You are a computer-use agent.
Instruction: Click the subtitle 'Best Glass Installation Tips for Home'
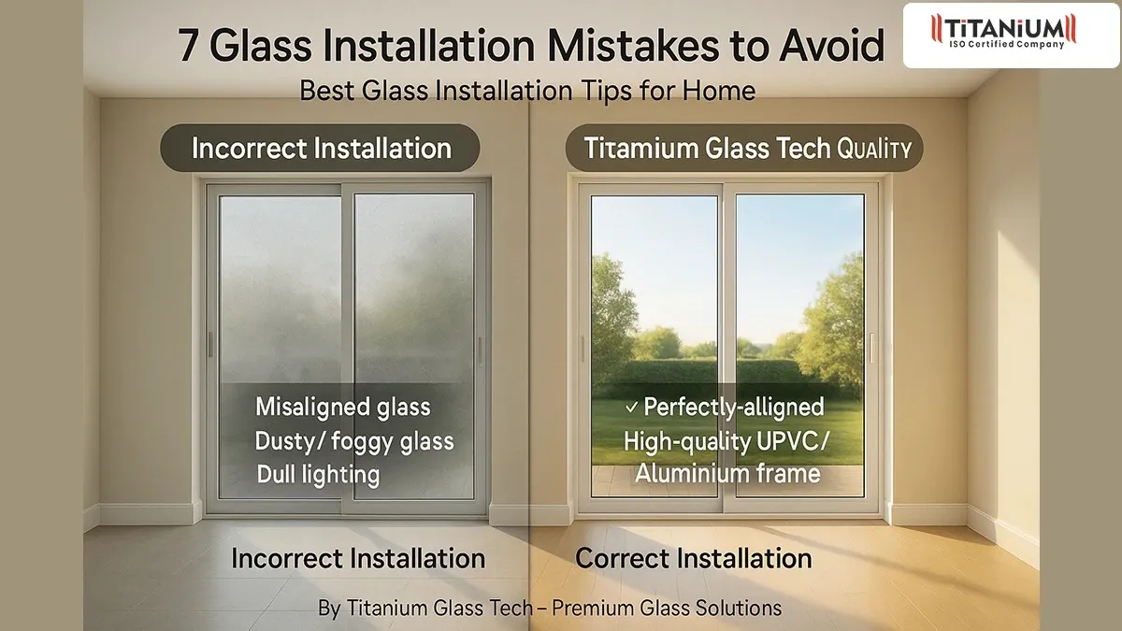[527, 92]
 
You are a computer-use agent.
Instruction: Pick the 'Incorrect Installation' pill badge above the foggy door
[321, 149]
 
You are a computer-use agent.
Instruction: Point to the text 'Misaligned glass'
[343, 408]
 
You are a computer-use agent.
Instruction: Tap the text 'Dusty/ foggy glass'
[354, 440]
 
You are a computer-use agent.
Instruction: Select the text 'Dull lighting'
[318, 474]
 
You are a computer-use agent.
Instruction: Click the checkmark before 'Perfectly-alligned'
[631, 408]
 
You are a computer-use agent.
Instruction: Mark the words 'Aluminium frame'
[727, 474]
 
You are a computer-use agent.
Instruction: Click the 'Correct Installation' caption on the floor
[694, 559]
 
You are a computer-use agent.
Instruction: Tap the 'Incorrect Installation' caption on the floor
[358, 559]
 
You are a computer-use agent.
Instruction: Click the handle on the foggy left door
[480, 350]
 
